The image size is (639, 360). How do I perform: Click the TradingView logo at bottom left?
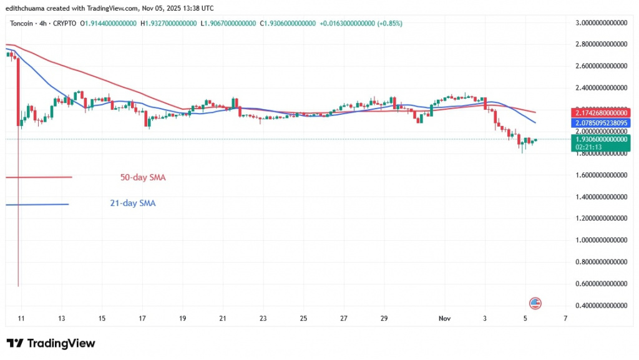point(51,343)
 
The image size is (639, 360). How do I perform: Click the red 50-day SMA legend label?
point(143,177)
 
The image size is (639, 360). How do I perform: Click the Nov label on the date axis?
point(444,318)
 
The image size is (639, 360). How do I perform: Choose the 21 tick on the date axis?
point(222,318)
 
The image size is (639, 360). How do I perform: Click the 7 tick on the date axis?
point(565,318)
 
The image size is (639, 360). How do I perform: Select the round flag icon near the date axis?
point(535,303)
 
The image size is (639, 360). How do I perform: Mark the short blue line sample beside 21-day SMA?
point(37,204)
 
